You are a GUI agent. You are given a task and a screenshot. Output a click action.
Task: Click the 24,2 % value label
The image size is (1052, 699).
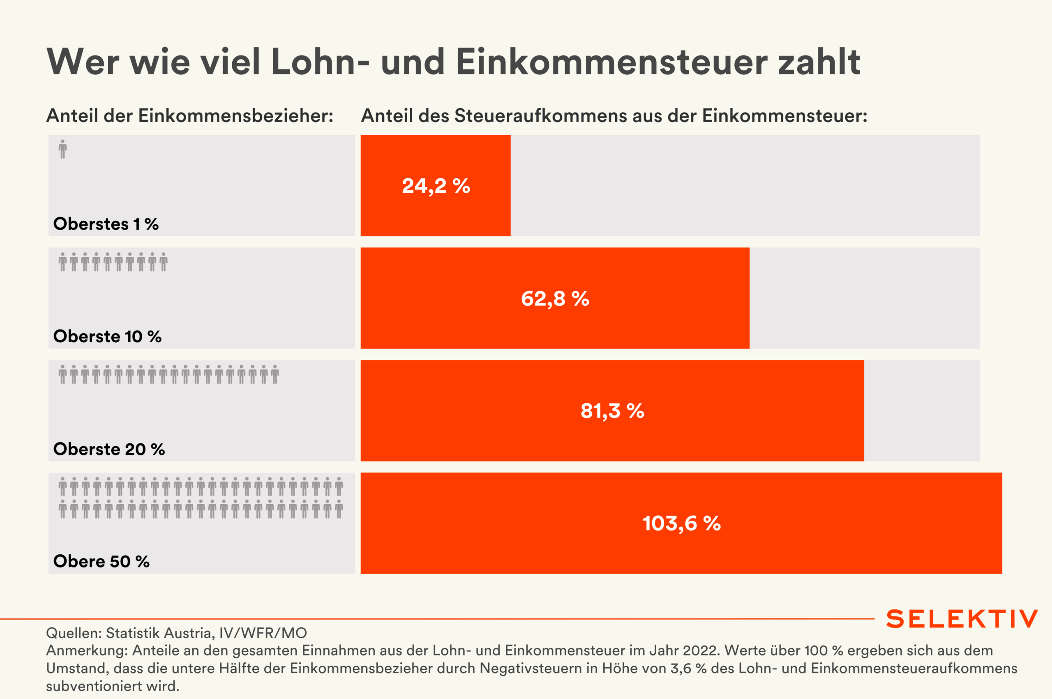436,186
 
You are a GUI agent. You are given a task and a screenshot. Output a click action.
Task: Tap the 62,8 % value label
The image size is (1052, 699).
555,299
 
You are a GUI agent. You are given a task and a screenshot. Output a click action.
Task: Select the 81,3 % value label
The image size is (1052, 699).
612,411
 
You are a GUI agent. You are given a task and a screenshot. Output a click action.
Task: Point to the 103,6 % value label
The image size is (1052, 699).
681,524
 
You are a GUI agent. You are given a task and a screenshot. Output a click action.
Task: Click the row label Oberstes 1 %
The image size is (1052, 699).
106,224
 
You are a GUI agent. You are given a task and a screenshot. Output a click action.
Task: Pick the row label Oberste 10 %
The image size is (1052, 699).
107,337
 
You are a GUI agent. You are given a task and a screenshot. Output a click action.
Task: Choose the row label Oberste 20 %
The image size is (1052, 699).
109,449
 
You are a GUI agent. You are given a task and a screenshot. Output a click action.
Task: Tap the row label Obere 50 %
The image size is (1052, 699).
101,561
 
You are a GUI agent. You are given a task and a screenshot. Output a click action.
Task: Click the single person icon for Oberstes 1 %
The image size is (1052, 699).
63,149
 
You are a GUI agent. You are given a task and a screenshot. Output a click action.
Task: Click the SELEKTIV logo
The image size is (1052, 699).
962,619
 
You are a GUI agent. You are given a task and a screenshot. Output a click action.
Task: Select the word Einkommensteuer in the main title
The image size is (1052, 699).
611,62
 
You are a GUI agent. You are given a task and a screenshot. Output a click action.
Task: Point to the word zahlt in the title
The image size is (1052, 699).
819,62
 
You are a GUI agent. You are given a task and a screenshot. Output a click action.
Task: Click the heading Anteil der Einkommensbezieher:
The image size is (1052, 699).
190,116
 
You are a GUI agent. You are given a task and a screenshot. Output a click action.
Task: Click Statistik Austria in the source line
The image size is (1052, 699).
158,633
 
